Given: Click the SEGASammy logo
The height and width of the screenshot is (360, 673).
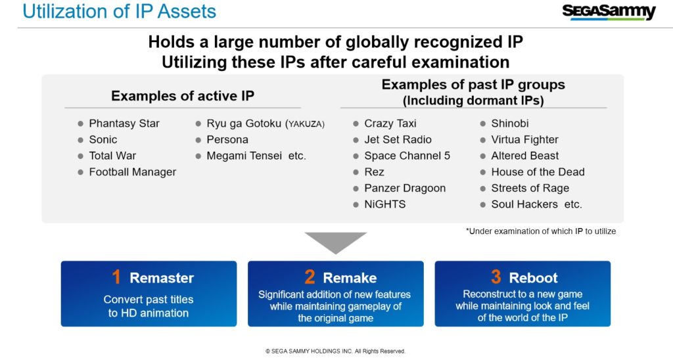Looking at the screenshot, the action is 609,12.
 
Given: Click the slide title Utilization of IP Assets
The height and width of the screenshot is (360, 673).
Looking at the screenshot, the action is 120,11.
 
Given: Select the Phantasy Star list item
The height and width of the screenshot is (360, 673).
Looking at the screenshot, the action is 124,124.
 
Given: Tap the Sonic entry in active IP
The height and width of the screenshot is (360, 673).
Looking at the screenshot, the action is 103,139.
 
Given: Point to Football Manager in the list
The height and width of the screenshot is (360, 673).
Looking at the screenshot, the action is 133,172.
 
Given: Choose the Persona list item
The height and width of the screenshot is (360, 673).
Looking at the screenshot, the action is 227,139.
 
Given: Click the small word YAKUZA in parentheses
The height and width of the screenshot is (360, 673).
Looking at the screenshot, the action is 305,124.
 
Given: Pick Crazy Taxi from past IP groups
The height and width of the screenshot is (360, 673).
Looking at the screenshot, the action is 390,124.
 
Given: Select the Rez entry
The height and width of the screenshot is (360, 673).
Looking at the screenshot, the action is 374,172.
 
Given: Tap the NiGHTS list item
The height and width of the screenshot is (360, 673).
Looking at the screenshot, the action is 384,204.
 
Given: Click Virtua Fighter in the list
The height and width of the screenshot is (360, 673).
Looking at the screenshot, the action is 524,140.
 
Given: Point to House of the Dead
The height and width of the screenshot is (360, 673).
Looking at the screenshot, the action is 538,172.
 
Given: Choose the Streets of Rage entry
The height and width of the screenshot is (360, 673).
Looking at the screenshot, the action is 530,189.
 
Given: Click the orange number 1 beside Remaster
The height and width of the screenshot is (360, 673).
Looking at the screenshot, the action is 116,277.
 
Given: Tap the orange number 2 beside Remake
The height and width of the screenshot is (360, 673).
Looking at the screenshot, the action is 310,277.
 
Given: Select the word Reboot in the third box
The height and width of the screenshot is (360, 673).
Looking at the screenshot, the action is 533,278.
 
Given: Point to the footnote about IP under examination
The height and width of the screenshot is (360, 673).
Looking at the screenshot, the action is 541,231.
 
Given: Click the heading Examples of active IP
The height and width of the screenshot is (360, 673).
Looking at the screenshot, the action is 183,96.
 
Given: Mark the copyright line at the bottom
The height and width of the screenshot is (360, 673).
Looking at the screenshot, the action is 335,351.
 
